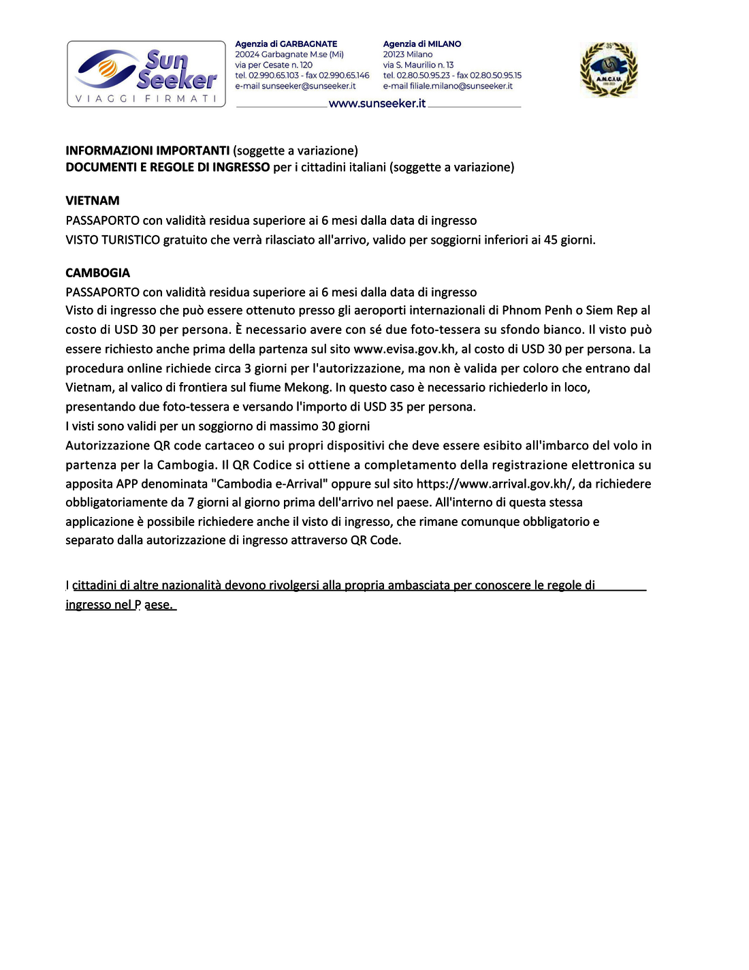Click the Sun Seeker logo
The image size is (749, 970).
click(x=146, y=74)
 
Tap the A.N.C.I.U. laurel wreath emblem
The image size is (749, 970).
click(x=608, y=69)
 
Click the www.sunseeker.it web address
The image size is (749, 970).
click(x=377, y=104)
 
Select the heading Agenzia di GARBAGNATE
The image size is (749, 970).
click(x=286, y=44)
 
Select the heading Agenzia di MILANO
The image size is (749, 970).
click(x=422, y=44)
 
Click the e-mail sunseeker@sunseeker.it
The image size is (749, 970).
click(x=296, y=86)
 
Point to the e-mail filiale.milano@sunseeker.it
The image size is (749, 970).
click(x=447, y=86)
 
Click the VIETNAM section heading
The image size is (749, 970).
click(x=93, y=201)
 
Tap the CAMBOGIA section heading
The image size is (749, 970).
click(x=97, y=273)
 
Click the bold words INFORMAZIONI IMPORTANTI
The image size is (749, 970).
click(x=147, y=151)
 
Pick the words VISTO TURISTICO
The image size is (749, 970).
click(x=113, y=240)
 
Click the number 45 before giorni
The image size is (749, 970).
click(x=550, y=240)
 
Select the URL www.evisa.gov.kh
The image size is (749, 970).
click(x=404, y=349)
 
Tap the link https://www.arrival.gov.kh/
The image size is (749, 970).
click(x=495, y=484)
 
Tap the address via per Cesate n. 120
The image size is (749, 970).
click(x=274, y=65)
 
